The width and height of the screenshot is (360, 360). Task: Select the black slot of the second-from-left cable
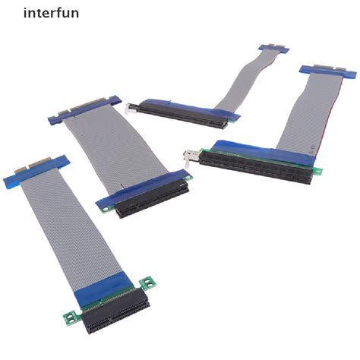tap(144, 201)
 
